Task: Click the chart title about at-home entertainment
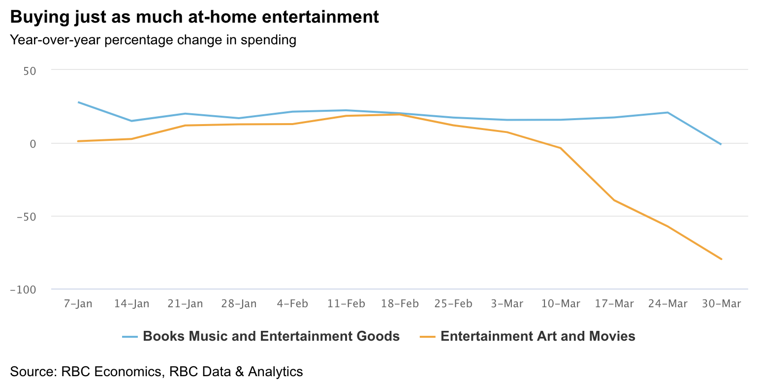click(194, 17)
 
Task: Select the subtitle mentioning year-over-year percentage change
click(153, 40)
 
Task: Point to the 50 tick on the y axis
click(30, 71)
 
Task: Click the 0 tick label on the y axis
click(33, 144)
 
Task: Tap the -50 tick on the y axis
click(27, 217)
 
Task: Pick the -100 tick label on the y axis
click(24, 290)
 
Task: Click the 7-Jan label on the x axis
click(78, 304)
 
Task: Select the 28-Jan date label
click(239, 304)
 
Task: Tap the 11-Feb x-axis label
click(346, 304)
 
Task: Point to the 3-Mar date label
click(507, 304)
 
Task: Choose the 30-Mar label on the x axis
click(721, 304)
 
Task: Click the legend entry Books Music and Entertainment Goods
click(271, 336)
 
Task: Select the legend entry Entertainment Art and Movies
click(538, 336)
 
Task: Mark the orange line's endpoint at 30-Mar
click(721, 259)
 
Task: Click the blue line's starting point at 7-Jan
click(78, 102)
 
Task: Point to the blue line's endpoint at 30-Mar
click(721, 144)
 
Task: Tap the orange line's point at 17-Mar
click(614, 200)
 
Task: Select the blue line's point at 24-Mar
click(667, 113)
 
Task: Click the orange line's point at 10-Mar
click(560, 148)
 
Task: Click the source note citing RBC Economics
click(157, 371)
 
